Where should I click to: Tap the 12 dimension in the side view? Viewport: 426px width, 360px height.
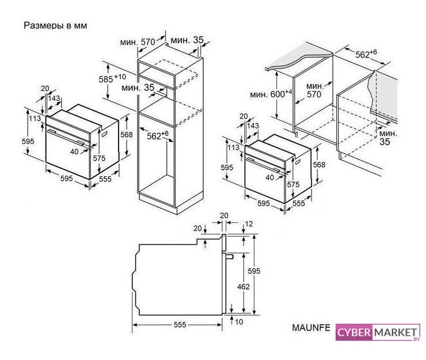(248, 224)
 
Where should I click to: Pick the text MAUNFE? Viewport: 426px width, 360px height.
(311, 328)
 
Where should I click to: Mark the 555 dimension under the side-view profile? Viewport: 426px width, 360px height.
(180, 325)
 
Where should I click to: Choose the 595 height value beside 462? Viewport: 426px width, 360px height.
(253, 271)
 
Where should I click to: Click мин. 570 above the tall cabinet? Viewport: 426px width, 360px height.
(138, 41)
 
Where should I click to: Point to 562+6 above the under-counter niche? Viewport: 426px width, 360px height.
(366, 54)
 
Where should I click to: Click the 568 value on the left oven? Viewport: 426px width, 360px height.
(127, 135)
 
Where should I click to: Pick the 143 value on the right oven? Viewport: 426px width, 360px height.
(252, 126)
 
